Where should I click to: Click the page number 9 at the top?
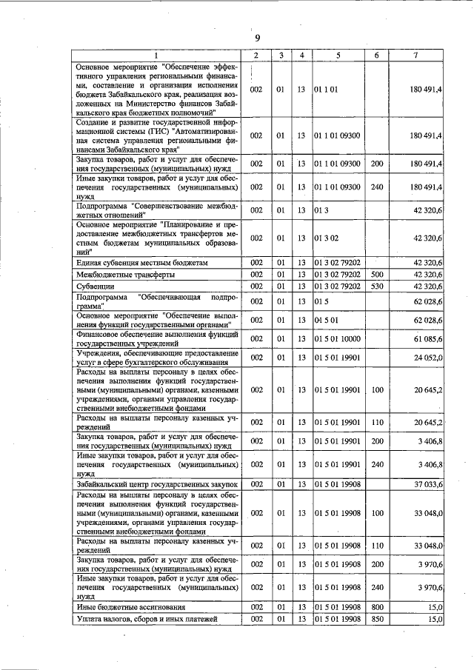(258, 38)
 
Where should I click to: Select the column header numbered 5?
(338, 56)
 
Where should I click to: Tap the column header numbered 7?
(416, 56)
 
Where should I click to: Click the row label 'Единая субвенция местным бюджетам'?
(138, 263)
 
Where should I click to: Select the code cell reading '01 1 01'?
(326, 90)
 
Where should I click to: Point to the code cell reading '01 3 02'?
(326, 238)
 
